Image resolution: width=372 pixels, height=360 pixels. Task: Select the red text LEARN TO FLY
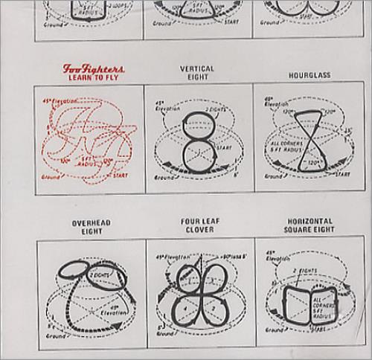coord(92,77)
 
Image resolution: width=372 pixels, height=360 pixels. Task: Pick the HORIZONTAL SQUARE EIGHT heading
coord(307,226)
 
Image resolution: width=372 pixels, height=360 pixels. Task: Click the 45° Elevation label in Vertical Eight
coord(164,106)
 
